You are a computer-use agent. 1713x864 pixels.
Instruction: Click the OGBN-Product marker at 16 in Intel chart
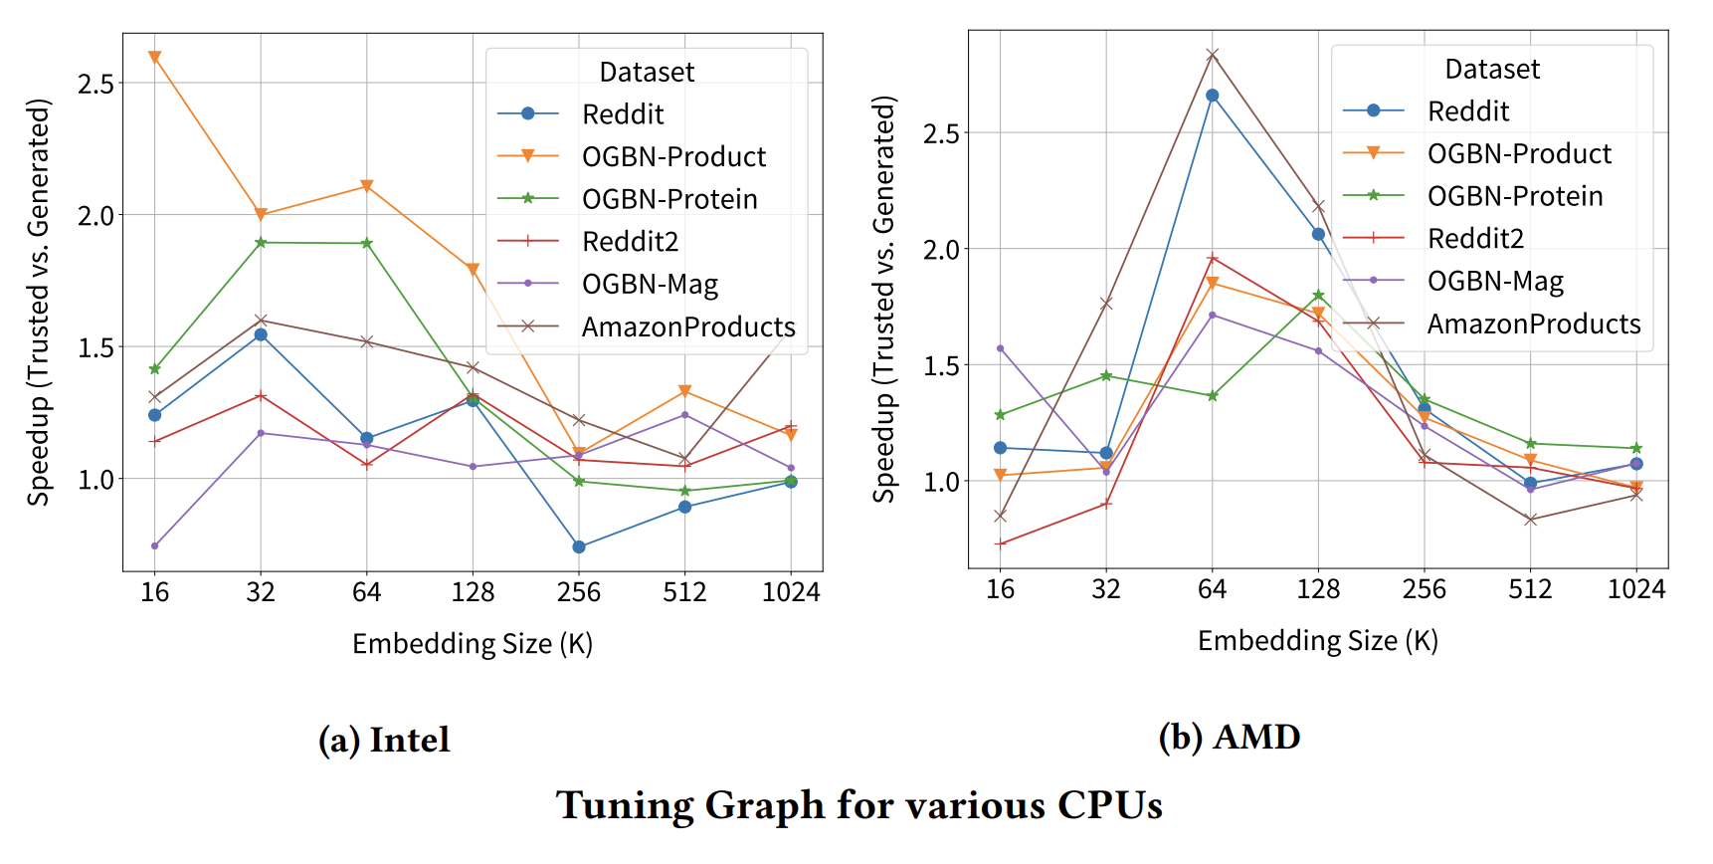(154, 58)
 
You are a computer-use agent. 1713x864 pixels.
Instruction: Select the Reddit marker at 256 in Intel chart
(579, 546)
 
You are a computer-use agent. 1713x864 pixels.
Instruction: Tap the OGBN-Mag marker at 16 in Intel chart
(154, 545)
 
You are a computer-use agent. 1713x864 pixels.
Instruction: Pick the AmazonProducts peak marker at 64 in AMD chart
(1212, 55)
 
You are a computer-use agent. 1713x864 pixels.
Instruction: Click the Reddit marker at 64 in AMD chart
(1212, 96)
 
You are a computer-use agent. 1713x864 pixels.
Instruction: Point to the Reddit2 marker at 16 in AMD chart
(1000, 543)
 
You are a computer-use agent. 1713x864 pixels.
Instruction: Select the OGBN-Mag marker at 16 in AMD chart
(1000, 348)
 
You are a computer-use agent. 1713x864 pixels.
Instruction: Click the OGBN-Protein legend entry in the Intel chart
(668, 199)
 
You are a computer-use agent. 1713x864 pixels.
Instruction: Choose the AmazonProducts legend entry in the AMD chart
(1533, 324)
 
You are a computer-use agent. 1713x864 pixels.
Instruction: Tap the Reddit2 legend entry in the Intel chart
(630, 242)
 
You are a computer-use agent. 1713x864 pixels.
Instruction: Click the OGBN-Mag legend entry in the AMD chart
(1494, 282)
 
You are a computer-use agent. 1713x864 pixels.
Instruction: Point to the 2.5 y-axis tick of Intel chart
(95, 84)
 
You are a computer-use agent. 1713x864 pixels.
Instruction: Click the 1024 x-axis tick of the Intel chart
(791, 592)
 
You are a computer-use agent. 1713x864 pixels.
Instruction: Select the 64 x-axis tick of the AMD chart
(1212, 589)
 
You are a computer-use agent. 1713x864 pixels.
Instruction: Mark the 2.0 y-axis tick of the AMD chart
(941, 249)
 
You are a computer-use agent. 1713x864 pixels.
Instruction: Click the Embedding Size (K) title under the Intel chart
(473, 644)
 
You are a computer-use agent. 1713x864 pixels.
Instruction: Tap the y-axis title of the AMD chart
(884, 299)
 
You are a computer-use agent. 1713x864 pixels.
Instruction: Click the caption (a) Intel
(384, 740)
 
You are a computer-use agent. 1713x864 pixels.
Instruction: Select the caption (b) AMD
(1230, 737)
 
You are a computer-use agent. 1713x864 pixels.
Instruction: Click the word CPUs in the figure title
(1109, 805)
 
